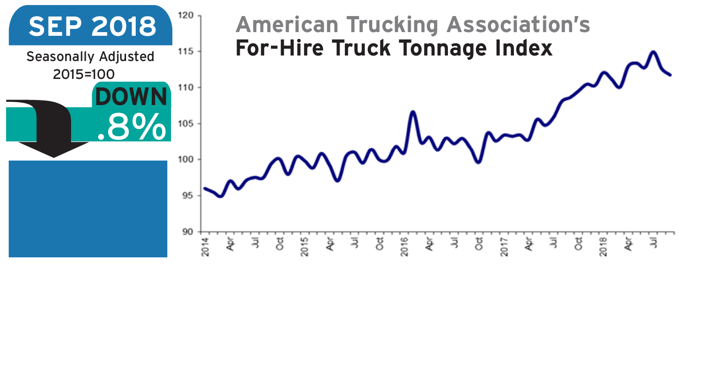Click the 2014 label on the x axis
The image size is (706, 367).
206,247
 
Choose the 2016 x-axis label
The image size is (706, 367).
404,247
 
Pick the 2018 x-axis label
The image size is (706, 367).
604,247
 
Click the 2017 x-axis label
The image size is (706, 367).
504,247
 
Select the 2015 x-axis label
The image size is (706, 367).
305,247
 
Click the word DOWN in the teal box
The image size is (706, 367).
132,97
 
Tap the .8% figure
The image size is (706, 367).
132,127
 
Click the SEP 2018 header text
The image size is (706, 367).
92,27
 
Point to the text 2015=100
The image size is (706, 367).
84,74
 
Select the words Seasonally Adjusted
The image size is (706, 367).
90,57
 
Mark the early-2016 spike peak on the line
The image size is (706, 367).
413,111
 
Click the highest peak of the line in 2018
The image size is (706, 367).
653,52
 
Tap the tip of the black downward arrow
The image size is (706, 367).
54,157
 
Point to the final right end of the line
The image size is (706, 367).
670,75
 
